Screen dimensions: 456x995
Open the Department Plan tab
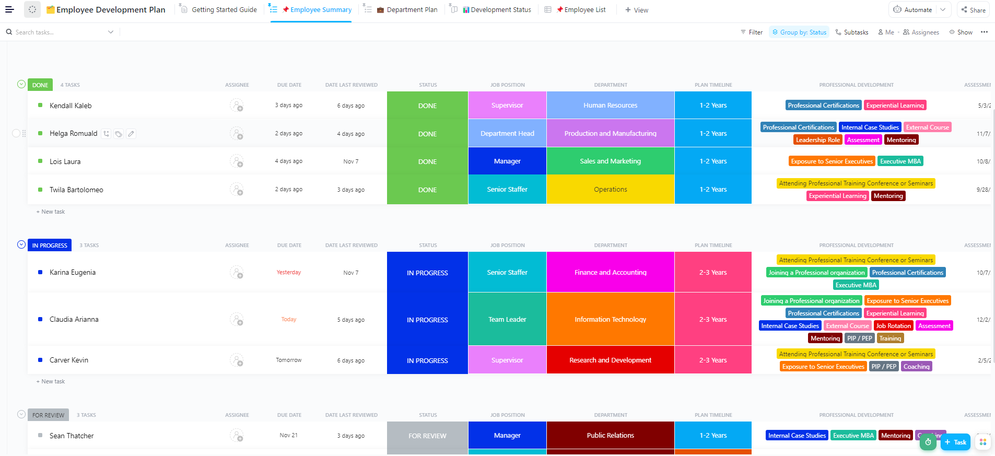click(412, 10)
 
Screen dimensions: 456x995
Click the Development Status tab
click(500, 10)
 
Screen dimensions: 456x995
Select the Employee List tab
click(584, 10)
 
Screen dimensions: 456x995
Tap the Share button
click(973, 10)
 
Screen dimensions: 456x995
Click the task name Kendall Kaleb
click(71, 106)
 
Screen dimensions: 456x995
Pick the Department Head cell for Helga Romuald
click(507, 134)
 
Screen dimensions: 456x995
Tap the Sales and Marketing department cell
click(610, 161)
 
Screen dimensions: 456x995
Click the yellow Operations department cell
click(610, 190)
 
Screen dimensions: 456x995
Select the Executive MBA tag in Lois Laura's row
click(900, 161)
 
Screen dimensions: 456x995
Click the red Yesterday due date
click(289, 273)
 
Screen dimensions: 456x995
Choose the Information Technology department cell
click(610, 320)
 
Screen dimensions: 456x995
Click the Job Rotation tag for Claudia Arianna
click(893, 326)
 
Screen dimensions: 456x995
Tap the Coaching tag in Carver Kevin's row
click(916, 367)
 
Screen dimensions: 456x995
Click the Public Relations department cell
click(610, 436)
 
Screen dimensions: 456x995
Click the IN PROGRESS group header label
click(50, 245)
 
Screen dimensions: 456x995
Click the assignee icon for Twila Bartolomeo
click(237, 190)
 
